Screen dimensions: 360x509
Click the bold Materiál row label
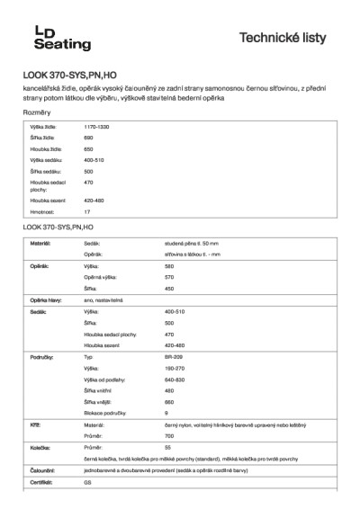click(x=40, y=244)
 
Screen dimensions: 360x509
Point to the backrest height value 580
click(x=168, y=267)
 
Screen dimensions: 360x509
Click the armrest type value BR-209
click(x=174, y=357)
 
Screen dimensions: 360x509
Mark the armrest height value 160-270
click(x=175, y=368)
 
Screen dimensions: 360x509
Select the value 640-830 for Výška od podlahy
click(x=175, y=379)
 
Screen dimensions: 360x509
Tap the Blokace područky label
click(x=104, y=412)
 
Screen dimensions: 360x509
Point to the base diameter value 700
click(x=169, y=435)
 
